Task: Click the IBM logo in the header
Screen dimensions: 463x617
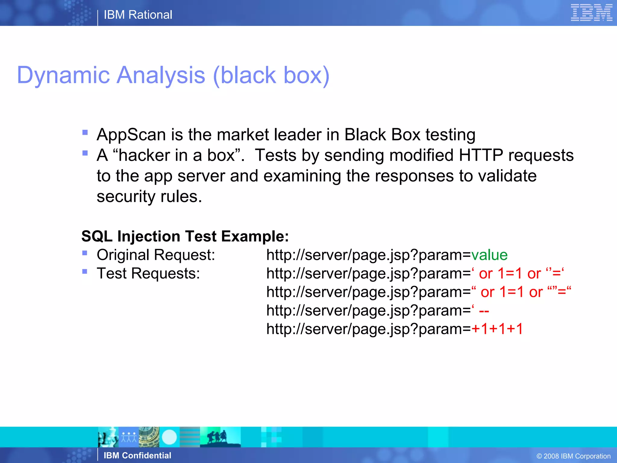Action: tap(591, 13)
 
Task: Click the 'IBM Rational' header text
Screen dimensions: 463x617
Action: tap(138, 15)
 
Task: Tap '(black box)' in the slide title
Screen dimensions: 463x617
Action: tap(271, 75)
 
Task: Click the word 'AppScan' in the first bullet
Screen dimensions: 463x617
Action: tap(131, 135)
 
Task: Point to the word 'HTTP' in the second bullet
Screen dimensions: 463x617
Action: tap(481, 155)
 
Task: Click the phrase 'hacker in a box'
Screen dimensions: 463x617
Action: tap(176, 156)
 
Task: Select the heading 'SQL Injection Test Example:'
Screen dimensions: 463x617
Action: tap(185, 236)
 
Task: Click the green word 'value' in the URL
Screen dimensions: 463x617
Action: tap(489, 255)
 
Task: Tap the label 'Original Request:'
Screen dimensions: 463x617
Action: tap(156, 255)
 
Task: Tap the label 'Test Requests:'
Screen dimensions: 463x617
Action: tap(148, 274)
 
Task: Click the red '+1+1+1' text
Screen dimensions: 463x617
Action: tap(497, 329)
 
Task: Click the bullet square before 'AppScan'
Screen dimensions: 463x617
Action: tap(85, 132)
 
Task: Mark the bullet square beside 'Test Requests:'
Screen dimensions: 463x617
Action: tap(85, 272)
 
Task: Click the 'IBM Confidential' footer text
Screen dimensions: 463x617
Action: tap(137, 455)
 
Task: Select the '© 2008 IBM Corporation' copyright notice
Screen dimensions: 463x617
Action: tap(574, 456)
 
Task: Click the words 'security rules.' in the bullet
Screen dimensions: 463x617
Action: tap(149, 197)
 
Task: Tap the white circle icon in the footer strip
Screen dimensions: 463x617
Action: tap(169, 437)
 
